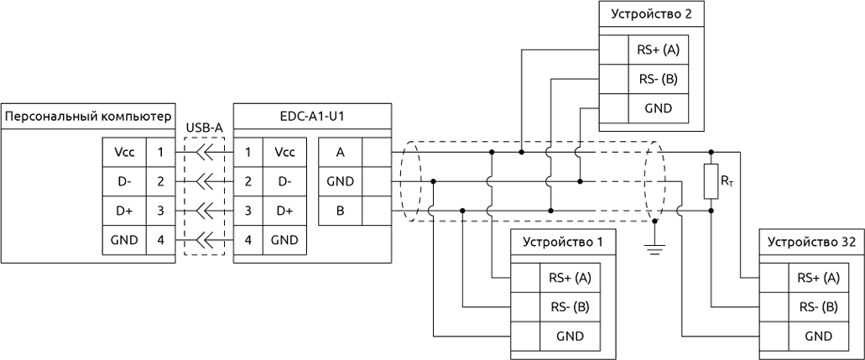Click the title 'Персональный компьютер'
[88, 115]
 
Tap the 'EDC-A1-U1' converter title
[311, 115]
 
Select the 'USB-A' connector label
[204, 127]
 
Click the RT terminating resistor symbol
[711, 181]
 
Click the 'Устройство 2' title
[651, 14]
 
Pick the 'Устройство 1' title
[562, 242]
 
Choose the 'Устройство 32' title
[811, 242]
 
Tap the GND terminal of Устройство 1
[570, 336]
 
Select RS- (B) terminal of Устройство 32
[818, 306]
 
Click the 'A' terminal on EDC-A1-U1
[340, 152]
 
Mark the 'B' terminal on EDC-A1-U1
[340, 210]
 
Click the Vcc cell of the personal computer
[123, 153]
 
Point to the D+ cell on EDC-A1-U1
[284, 210]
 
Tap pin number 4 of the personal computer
[159, 239]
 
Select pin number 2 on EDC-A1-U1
[248, 181]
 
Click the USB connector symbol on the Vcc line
[204, 153]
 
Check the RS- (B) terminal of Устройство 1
[570, 306]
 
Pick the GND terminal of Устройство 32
[818, 336]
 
